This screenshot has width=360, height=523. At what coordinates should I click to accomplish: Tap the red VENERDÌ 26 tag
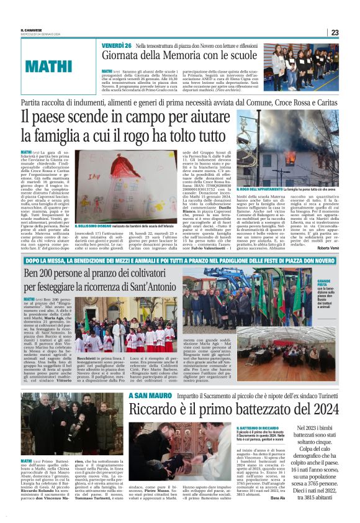[115, 46]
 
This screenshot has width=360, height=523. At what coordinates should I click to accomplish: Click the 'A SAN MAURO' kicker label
[145, 395]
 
